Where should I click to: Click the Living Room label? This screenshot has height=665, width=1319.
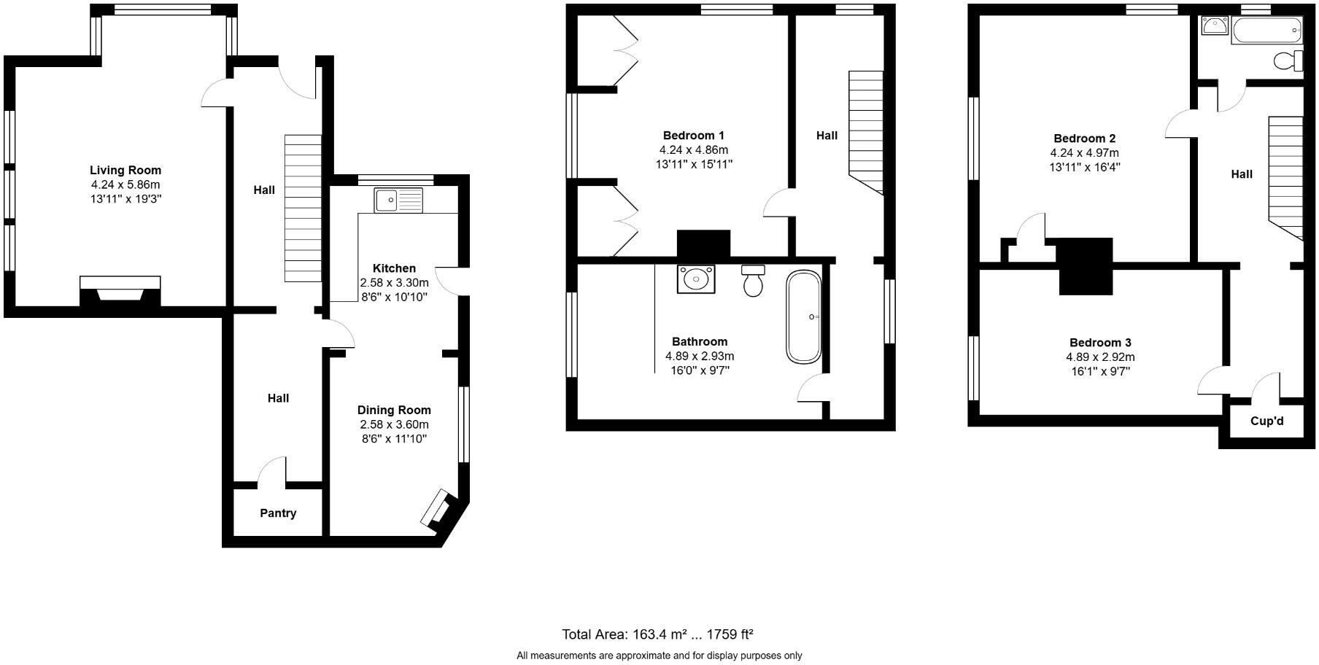[x=125, y=171]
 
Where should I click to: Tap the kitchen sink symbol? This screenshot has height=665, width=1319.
[x=398, y=200]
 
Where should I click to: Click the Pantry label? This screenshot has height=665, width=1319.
[x=278, y=513]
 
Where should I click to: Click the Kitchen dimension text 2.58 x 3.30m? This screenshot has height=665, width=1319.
[x=394, y=283]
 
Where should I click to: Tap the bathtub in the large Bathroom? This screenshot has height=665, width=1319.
[x=803, y=317]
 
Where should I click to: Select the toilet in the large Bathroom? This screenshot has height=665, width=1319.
[x=753, y=280]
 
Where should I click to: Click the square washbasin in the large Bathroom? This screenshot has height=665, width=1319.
[x=695, y=279]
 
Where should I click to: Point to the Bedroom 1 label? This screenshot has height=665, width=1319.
[x=693, y=136]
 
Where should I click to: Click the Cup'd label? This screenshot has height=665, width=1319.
[x=1266, y=421]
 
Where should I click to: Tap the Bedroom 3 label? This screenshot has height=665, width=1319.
[x=1100, y=343]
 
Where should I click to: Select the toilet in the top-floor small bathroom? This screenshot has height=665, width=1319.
[x=1288, y=61]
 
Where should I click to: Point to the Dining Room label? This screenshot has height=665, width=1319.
[x=394, y=411]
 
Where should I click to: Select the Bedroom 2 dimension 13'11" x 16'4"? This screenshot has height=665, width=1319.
[x=1084, y=167]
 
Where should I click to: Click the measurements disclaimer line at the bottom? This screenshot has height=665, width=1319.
[x=659, y=656]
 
